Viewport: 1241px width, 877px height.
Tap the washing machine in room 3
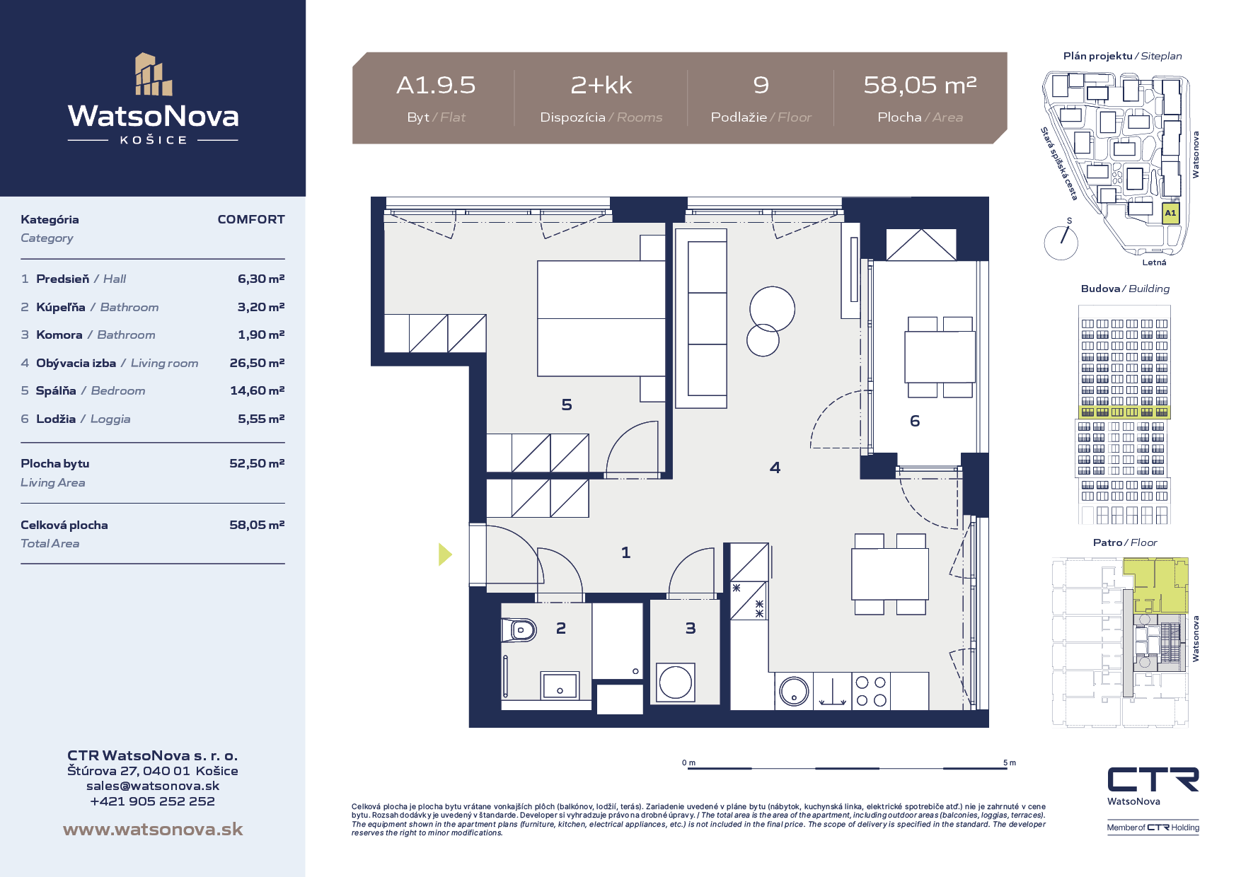click(x=675, y=683)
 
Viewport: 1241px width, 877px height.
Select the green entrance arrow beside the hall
click(x=445, y=554)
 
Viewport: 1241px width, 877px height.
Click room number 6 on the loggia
click(x=915, y=422)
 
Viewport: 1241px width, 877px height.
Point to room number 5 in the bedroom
click(x=567, y=405)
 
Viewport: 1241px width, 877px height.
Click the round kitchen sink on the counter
click(x=794, y=692)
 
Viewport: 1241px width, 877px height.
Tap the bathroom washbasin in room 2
click(x=560, y=685)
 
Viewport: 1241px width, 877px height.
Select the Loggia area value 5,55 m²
click(x=261, y=419)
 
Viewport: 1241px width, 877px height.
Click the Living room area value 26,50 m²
click(x=257, y=363)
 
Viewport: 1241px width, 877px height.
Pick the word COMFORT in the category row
click(x=251, y=219)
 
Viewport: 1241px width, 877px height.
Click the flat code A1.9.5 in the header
click(x=436, y=86)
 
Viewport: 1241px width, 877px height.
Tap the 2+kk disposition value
click(x=601, y=86)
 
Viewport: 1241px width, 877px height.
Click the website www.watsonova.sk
click(x=153, y=830)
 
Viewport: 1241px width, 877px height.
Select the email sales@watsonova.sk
click(x=153, y=786)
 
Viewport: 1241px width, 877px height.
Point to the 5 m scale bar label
click(x=1010, y=762)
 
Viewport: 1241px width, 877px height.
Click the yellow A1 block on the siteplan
click(x=1171, y=213)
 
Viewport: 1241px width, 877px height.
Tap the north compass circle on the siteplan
click(x=1061, y=243)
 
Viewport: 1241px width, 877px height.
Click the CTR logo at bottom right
click(x=1153, y=779)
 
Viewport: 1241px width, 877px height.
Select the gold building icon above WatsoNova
click(x=154, y=74)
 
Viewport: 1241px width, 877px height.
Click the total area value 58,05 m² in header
click(x=920, y=86)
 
